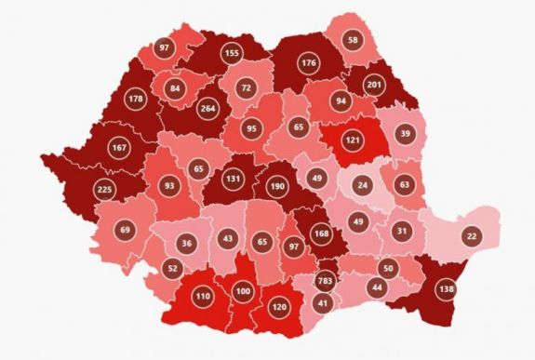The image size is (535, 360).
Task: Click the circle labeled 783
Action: coord(326,281)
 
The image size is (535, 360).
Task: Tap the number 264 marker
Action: coord(209,106)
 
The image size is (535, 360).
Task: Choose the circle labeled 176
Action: coord(309,62)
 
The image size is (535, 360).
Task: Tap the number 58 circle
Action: coord(352,39)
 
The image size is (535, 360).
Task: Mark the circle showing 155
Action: coord(232,54)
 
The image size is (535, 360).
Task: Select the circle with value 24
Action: coord(363,185)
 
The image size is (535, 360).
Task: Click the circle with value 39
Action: coord(404,134)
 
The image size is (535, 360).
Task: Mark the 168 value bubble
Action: coord(321,233)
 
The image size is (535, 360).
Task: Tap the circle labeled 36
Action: coord(186,244)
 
